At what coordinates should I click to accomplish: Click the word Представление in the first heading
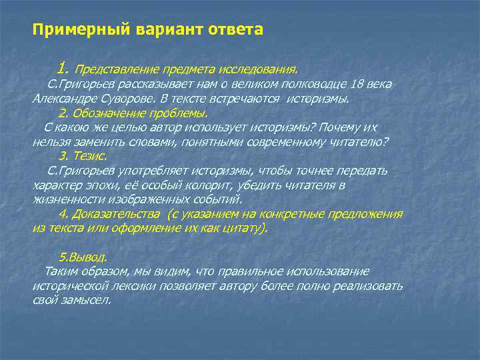point(113,69)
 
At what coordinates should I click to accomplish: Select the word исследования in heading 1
point(261,69)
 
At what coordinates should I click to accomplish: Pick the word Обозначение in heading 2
point(107,113)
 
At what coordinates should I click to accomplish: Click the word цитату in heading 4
point(245,228)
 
